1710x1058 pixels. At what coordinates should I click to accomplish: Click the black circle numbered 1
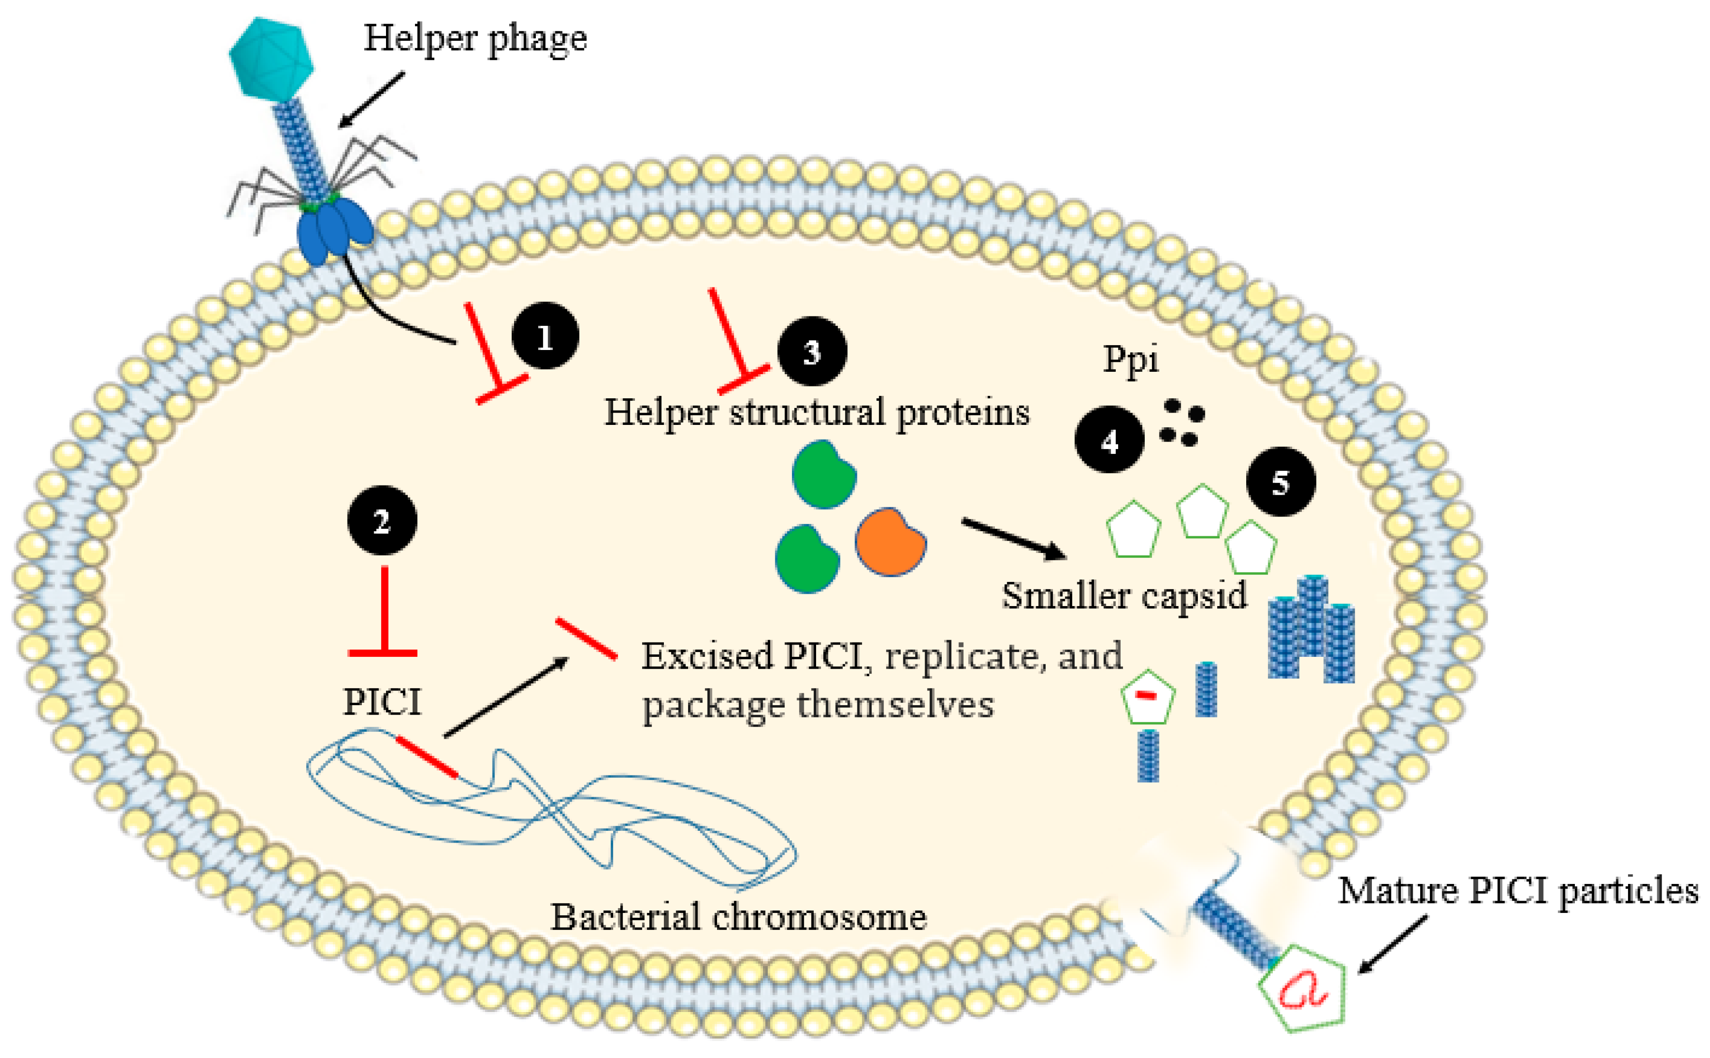(545, 335)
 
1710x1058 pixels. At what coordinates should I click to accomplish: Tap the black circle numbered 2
(382, 521)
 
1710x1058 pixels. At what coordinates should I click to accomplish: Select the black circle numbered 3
(812, 351)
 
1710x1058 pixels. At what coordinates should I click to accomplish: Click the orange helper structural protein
(890, 542)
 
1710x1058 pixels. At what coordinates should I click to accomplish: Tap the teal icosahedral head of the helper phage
(271, 58)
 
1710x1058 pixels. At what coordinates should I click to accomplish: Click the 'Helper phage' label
(475, 38)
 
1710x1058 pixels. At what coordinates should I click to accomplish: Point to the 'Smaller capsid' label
(1124, 596)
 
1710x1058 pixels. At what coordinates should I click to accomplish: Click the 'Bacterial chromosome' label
(739, 917)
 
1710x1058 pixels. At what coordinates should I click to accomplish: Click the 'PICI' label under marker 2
(382, 702)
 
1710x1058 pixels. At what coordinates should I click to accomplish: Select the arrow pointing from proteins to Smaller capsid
(1014, 539)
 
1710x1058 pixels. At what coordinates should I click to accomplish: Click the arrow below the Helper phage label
(371, 100)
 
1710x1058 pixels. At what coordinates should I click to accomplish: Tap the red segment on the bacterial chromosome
(427, 756)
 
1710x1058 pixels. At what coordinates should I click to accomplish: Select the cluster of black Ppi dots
(1181, 423)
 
